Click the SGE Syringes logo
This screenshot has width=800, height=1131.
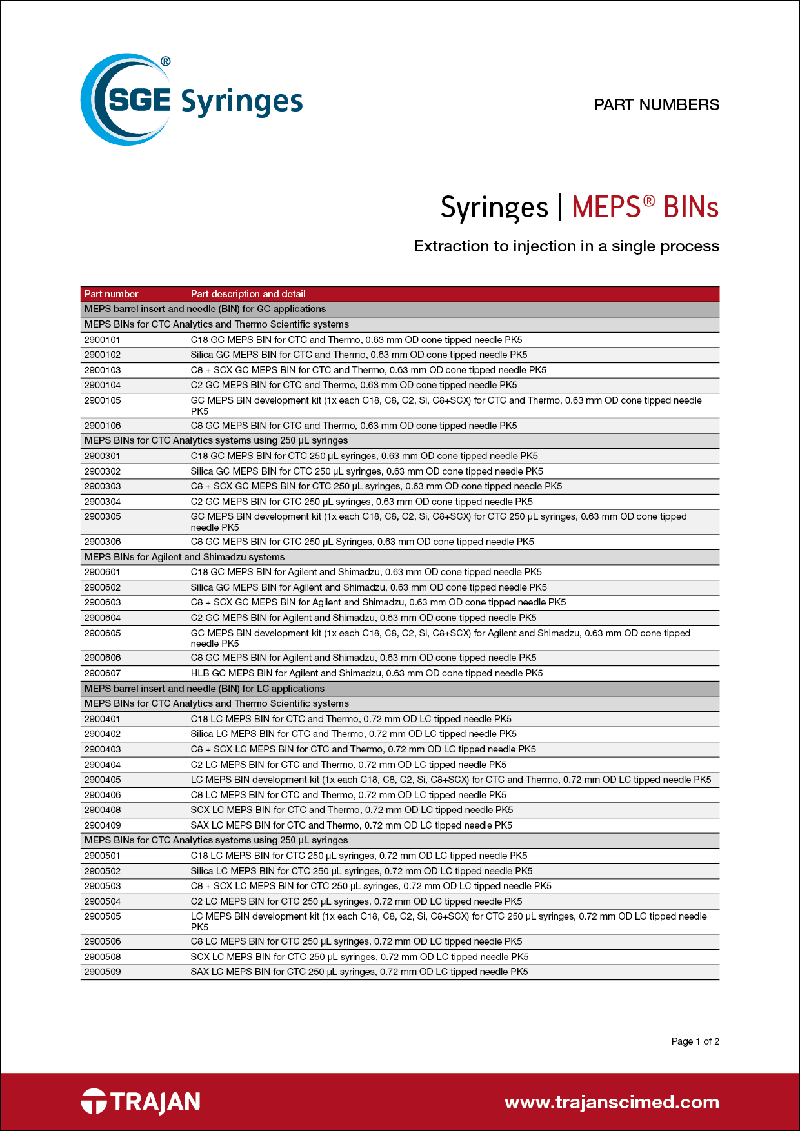pos(191,101)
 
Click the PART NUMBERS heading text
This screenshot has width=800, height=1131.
pos(656,105)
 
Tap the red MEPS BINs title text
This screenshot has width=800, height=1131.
pos(645,208)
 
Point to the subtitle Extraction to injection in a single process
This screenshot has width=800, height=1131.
pos(566,246)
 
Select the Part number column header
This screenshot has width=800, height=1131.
pos(111,294)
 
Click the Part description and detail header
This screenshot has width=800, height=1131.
pos(248,294)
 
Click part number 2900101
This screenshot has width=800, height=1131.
pos(102,340)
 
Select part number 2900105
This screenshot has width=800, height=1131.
pos(102,400)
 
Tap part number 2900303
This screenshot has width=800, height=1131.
pos(102,486)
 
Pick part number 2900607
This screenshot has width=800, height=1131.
pos(102,673)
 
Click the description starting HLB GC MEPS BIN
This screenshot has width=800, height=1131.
pos(366,673)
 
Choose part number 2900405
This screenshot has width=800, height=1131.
pos(102,780)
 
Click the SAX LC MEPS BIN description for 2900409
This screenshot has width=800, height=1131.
pos(351,825)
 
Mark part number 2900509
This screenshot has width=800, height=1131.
pos(102,972)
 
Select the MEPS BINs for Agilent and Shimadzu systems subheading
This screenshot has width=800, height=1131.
pos(185,557)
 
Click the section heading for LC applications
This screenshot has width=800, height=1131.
pos(205,689)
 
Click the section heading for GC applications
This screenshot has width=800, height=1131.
pos(205,309)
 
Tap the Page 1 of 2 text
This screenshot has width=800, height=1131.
pos(695,1041)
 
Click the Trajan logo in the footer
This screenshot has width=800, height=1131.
pos(141,1102)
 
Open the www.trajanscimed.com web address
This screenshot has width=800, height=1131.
pos(612,1102)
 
